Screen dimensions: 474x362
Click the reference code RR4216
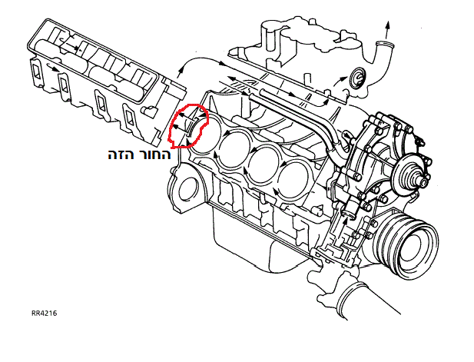[44, 313]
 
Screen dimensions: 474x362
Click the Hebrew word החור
[154, 154]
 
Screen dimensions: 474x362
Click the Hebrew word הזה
[121, 154]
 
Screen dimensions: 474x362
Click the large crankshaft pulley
[406, 244]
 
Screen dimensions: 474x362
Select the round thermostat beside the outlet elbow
[357, 78]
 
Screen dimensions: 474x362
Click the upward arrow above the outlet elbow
[387, 30]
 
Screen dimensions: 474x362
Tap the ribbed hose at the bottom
[350, 298]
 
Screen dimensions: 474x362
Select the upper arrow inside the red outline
[185, 116]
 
